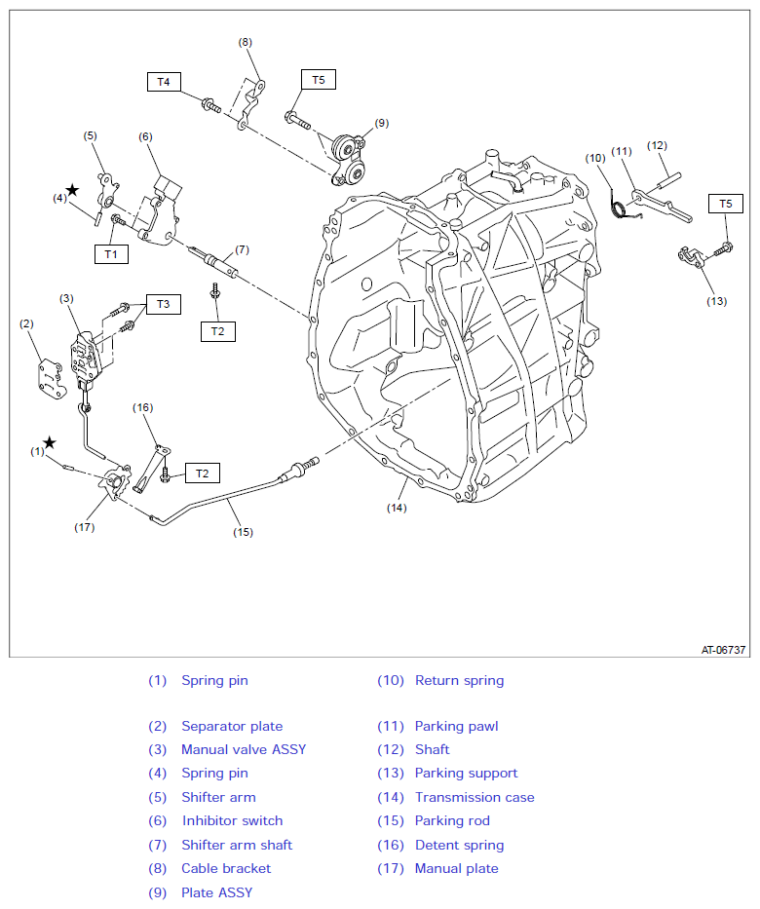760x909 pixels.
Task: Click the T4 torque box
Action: [164, 82]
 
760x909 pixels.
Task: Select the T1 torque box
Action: [111, 254]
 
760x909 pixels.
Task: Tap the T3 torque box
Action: [164, 304]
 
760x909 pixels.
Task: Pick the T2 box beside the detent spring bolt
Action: [203, 473]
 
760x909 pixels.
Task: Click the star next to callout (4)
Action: [72, 190]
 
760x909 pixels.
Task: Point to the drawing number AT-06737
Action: [723, 650]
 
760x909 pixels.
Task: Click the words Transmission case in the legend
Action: [475, 797]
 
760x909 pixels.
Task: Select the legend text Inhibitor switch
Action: [233, 821]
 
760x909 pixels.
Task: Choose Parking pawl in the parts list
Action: [456, 727]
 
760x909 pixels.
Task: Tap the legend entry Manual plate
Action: [457, 868]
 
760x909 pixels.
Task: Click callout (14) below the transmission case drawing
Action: [397, 508]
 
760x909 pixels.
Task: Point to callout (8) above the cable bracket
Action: [246, 42]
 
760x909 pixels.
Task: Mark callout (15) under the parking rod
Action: [243, 532]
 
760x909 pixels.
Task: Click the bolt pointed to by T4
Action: [211, 106]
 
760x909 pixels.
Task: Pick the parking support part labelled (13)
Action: [692, 256]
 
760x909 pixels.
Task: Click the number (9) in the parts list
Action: [157, 892]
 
